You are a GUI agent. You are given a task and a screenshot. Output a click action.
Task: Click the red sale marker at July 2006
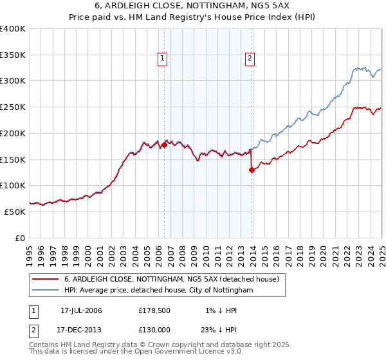[x=164, y=145]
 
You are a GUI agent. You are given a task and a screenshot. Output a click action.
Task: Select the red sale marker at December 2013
[x=252, y=170]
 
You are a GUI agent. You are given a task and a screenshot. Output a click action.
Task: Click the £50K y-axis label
[x=15, y=212]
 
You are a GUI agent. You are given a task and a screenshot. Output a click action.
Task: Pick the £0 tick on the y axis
[x=21, y=238]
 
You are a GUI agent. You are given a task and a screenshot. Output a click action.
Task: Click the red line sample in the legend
[x=45, y=279]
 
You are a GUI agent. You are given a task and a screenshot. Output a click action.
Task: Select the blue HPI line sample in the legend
[x=45, y=291]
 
